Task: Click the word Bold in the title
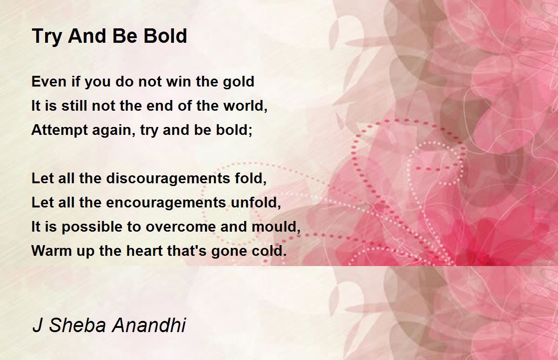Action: pos(165,36)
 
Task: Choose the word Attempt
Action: pos(60,131)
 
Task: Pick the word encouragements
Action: pos(166,203)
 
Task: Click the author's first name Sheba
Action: pos(78,325)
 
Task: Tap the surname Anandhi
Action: pos(149,325)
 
